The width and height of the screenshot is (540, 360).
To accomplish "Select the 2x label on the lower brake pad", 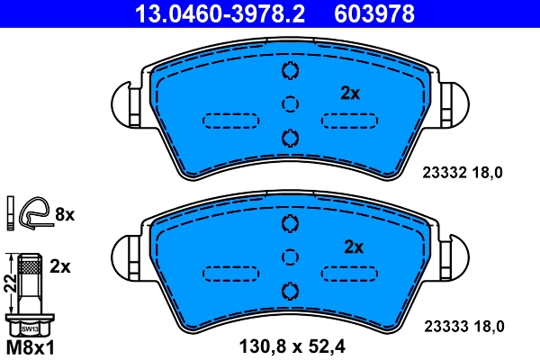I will (353, 247).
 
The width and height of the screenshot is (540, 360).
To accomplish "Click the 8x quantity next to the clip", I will (64, 213).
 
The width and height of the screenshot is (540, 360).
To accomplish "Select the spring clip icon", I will (34, 211).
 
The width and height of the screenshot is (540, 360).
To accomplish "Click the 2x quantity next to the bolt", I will (60, 267).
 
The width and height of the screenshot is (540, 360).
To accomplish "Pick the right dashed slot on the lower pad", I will (349, 274).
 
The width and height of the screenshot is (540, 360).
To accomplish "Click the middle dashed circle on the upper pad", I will (289, 104).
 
